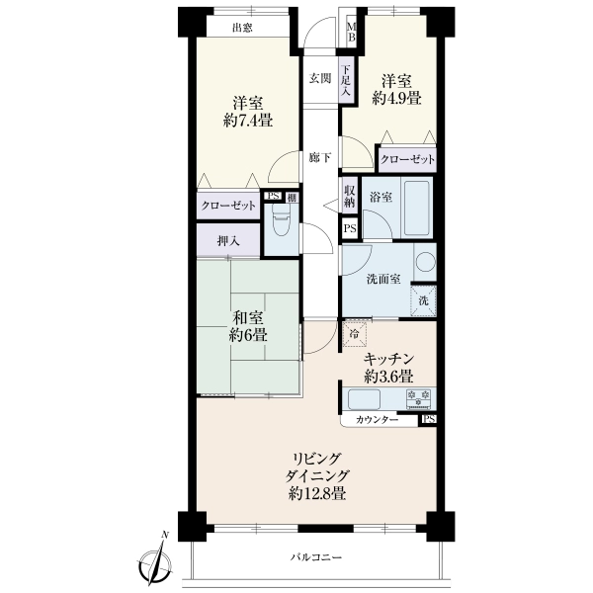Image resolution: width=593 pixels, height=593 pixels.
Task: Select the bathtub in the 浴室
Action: tap(417, 209)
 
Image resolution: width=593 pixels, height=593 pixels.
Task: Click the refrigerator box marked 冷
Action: tap(355, 333)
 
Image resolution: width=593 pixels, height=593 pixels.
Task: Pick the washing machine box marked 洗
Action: tap(424, 300)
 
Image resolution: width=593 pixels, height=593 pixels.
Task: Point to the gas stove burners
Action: tap(419, 398)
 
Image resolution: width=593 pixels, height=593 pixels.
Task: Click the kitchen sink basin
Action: tap(364, 398)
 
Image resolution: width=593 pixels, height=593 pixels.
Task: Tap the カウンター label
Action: tap(378, 420)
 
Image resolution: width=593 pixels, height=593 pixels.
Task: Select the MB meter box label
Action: tap(352, 32)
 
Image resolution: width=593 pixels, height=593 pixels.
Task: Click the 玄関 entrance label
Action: tap(320, 79)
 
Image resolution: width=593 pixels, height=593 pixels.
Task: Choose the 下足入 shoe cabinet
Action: tap(346, 80)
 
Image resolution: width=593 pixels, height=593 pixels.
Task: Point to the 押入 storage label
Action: tap(229, 241)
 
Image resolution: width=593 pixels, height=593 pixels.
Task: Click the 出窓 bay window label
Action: tap(242, 28)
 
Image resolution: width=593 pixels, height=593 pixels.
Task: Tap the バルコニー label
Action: tap(316, 557)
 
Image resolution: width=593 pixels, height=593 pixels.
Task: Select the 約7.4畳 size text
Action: tap(248, 121)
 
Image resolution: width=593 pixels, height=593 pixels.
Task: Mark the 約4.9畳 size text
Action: tap(396, 98)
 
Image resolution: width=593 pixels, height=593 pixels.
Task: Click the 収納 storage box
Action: tap(349, 196)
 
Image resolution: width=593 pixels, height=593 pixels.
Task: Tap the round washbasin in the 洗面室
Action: tap(426, 262)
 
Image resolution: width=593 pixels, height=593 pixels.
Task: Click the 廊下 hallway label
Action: tap(320, 158)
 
